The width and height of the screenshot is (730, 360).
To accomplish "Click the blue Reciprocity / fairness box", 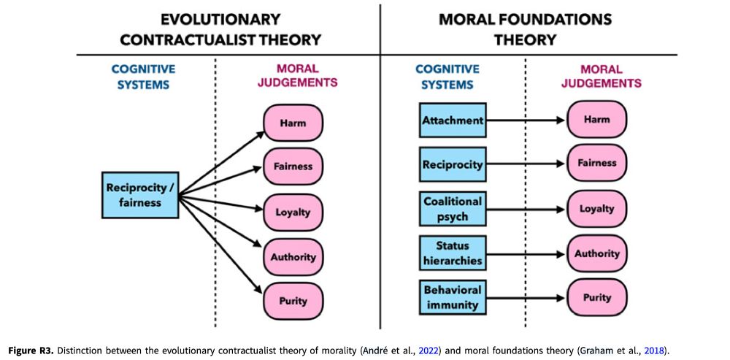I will click(x=140, y=194).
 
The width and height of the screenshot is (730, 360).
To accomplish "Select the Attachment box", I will click(x=453, y=120).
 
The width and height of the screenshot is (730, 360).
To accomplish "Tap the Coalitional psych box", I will click(x=453, y=209).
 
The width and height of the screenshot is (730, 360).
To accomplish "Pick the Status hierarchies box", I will click(x=453, y=253).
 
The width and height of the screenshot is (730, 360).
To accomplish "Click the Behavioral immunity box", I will click(x=453, y=298).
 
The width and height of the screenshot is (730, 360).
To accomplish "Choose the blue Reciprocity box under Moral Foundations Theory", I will click(x=453, y=164).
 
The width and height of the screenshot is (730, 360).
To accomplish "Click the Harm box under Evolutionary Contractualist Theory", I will click(x=293, y=123).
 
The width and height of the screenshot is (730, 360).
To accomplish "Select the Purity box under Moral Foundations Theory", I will click(x=597, y=298).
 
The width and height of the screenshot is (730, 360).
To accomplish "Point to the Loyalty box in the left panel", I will click(x=293, y=212).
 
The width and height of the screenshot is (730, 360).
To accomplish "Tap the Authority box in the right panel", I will click(x=597, y=253).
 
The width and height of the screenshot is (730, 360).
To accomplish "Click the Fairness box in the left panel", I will click(x=293, y=166).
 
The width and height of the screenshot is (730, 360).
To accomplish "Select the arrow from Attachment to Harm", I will click(x=526, y=120).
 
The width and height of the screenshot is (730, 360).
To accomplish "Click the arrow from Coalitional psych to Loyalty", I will click(x=526, y=209).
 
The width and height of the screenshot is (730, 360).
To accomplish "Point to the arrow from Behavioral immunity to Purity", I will click(x=526, y=298).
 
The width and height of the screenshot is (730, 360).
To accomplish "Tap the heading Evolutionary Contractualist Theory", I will click(x=220, y=29).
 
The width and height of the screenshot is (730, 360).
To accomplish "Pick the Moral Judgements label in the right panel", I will click(x=601, y=77).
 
